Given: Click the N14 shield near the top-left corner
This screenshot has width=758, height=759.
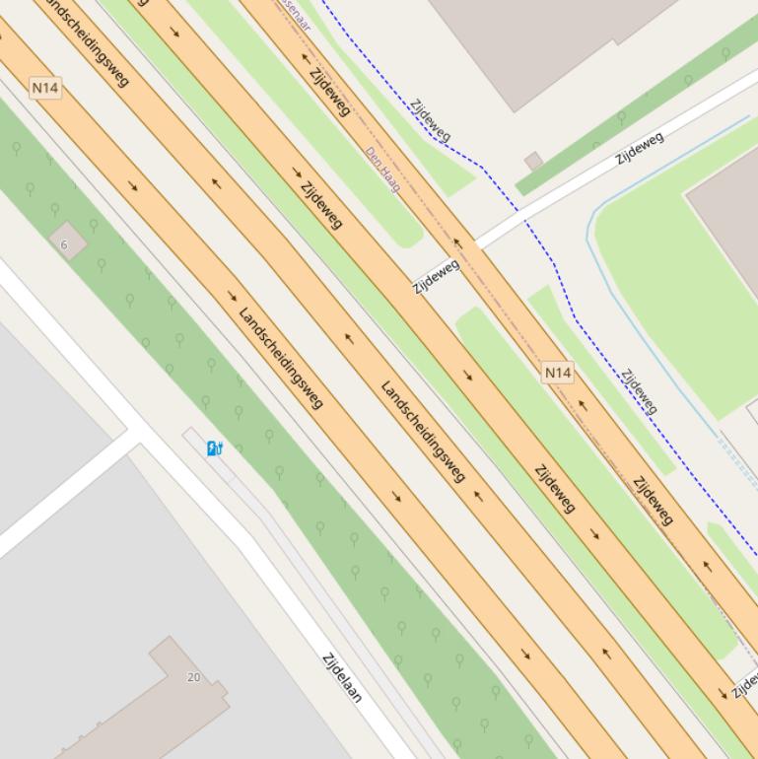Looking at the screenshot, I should coord(45,88).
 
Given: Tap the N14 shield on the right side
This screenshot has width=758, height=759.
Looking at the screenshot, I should coord(558,372).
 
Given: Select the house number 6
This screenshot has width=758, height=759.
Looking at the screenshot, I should coord(65,244).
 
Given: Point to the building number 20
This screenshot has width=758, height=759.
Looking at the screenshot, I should coord(193,677).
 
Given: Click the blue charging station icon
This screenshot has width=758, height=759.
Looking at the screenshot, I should coord(214,449).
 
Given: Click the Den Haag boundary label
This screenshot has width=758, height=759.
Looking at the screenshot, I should coord(382,170).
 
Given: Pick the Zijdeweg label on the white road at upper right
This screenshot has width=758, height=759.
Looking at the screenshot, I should coord(640,148).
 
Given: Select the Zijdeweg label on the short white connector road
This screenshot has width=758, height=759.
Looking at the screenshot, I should coord(436,277).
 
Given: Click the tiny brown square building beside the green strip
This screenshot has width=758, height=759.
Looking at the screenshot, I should coord(534,161).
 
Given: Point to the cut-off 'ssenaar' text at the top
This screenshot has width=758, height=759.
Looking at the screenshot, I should coord(293,14).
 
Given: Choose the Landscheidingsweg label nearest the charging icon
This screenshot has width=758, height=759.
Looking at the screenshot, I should coord(280,357).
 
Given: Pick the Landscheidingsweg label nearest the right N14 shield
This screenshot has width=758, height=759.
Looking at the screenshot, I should coord(422,431).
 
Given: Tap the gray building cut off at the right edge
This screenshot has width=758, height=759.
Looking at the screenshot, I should coord(729,217).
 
